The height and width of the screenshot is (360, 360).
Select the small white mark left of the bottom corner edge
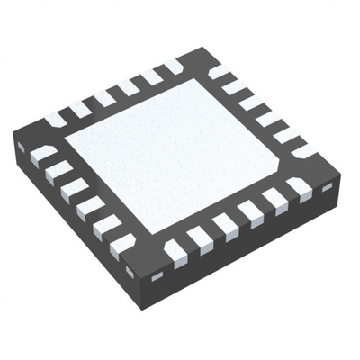pyautogui.click(x=130, y=271)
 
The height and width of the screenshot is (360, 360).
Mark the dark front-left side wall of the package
pyautogui.click(x=72, y=225)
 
